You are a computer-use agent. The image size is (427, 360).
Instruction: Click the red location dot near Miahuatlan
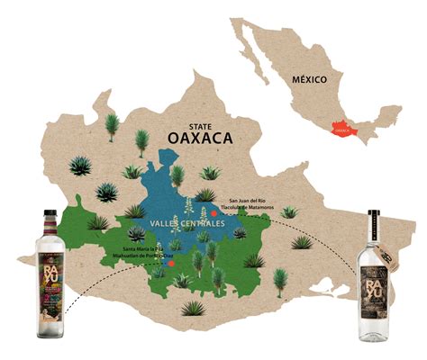(x=171, y=265)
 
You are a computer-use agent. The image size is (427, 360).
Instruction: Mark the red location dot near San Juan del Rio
(x=213, y=213)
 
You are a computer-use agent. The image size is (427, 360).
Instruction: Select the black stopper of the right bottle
(x=372, y=215)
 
